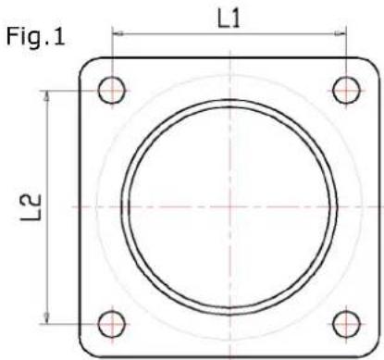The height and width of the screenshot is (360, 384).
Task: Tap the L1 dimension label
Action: (x=229, y=18)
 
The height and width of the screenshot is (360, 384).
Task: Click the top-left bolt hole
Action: (x=112, y=89)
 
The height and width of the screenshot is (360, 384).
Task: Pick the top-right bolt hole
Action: (x=346, y=89)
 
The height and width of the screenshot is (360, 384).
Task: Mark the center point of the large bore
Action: (x=229, y=205)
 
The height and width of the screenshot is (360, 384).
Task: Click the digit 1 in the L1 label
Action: (x=238, y=18)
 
